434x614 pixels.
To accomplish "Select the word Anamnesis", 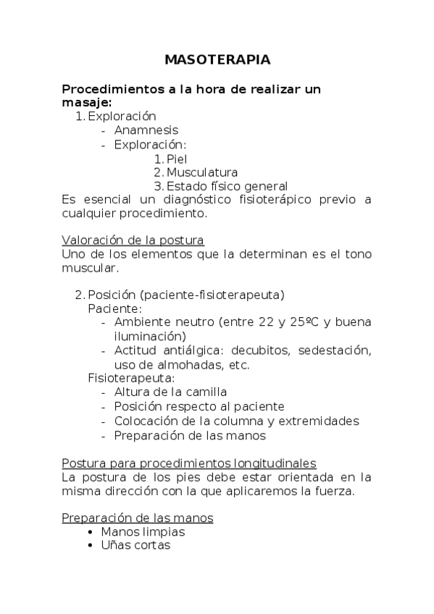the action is pos(146,130).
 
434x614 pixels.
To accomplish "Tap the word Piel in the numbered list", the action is pos(177,159).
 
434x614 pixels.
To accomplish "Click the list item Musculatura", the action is pos(201,172).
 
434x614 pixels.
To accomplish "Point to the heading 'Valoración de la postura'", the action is pos(133,240).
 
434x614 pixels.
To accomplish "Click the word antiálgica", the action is pos(197,350).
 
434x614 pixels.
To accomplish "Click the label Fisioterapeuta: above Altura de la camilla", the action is pos(131,378).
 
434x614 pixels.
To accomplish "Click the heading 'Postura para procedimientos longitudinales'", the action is pos(188,463).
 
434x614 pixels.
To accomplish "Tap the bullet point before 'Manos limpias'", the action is pos(88,532).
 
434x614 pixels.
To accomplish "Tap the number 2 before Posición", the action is pos(78,295).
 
